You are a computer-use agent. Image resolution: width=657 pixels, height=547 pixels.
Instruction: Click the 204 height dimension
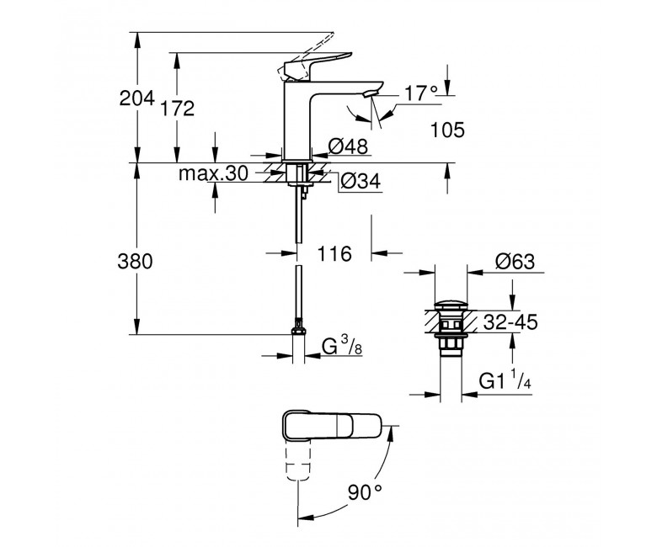coord(137,98)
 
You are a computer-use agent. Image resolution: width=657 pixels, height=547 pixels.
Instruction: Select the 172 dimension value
coord(178,109)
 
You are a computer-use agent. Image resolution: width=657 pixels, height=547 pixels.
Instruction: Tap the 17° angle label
coord(420,93)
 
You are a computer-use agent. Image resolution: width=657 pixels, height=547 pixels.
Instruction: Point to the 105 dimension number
coord(448,130)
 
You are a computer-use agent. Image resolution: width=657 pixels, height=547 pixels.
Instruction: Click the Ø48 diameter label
coord(348,146)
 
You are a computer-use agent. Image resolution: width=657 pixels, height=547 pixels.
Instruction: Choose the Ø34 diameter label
coord(361,181)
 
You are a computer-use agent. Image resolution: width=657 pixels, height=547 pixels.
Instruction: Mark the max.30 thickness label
coord(213,173)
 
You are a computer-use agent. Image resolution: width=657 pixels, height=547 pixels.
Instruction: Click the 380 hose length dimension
coord(135,262)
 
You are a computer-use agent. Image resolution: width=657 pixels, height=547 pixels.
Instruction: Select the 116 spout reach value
coord(334,253)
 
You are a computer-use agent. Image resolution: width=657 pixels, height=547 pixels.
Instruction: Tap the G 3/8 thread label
coord(342,346)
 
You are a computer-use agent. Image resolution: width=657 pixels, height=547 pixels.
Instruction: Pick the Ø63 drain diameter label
coord(515,262)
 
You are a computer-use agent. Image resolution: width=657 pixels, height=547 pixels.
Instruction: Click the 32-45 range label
coord(510,322)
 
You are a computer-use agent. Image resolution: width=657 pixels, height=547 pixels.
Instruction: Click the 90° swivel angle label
coord(365,492)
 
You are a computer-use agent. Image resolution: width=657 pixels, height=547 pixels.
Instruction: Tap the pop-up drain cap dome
coord(451,305)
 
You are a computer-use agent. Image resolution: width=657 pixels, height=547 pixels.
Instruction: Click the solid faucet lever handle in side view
coord(318,64)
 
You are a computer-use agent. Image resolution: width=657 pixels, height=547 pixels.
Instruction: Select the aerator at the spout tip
coord(371,93)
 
